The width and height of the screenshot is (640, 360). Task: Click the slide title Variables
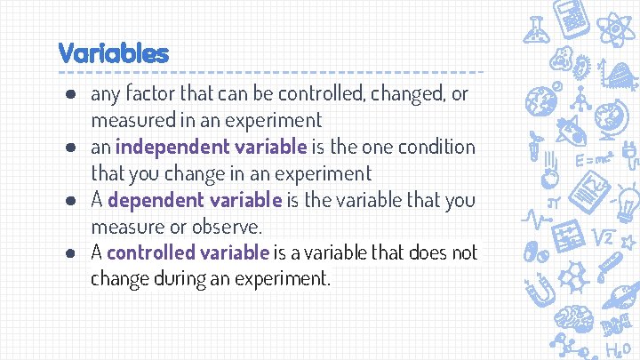tap(113, 52)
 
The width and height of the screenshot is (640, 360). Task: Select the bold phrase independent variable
tap(211, 146)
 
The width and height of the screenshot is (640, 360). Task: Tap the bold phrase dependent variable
tap(195, 199)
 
